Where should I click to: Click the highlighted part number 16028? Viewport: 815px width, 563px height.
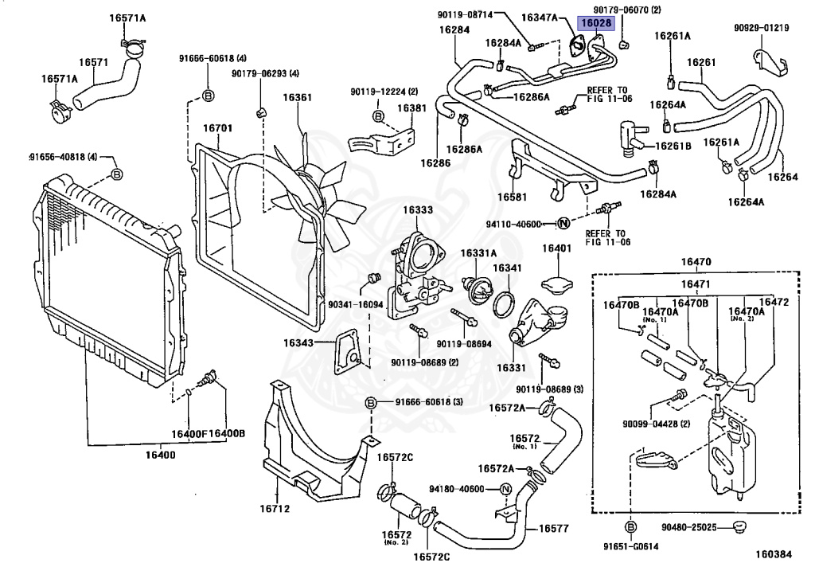pos(595,24)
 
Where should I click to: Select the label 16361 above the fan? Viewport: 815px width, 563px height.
pos(298,98)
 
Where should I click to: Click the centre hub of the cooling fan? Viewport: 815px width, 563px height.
pos(306,186)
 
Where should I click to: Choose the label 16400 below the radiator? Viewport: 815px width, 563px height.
pos(159,455)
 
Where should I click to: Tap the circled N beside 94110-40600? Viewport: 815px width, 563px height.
pos(563,224)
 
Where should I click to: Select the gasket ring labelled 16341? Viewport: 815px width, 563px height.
pos(504,305)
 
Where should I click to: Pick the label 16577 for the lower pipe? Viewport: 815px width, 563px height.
pos(555,527)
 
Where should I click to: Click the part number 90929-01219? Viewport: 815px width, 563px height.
pos(761,29)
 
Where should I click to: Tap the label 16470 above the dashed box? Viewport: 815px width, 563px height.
pos(696,263)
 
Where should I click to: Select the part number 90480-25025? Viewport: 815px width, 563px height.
pos(688,527)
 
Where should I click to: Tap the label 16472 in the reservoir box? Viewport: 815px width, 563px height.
pos(773,303)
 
